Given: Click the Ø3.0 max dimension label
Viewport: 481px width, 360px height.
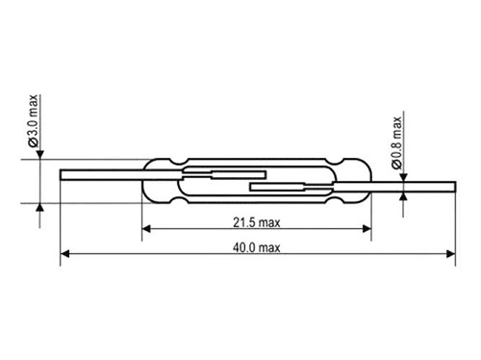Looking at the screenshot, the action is [x=34, y=120].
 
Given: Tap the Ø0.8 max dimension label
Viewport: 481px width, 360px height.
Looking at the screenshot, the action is [x=396, y=142].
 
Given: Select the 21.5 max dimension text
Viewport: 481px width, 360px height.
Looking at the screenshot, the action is [x=257, y=222].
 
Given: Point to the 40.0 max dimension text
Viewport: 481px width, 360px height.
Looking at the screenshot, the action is [x=257, y=247].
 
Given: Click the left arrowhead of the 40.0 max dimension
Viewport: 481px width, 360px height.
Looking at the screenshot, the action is [x=64, y=254].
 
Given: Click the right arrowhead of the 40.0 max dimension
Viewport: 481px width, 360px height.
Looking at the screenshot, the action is [x=451, y=254].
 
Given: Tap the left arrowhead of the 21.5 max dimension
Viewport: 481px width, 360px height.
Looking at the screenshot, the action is [x=146, y=229].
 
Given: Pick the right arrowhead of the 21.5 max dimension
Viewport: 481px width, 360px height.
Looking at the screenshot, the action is [x=367, y=229].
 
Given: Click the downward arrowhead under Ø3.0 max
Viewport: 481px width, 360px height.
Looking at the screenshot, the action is [x=39, y=155].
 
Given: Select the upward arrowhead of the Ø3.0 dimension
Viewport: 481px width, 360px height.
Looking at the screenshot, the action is [x=39, y=208].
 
